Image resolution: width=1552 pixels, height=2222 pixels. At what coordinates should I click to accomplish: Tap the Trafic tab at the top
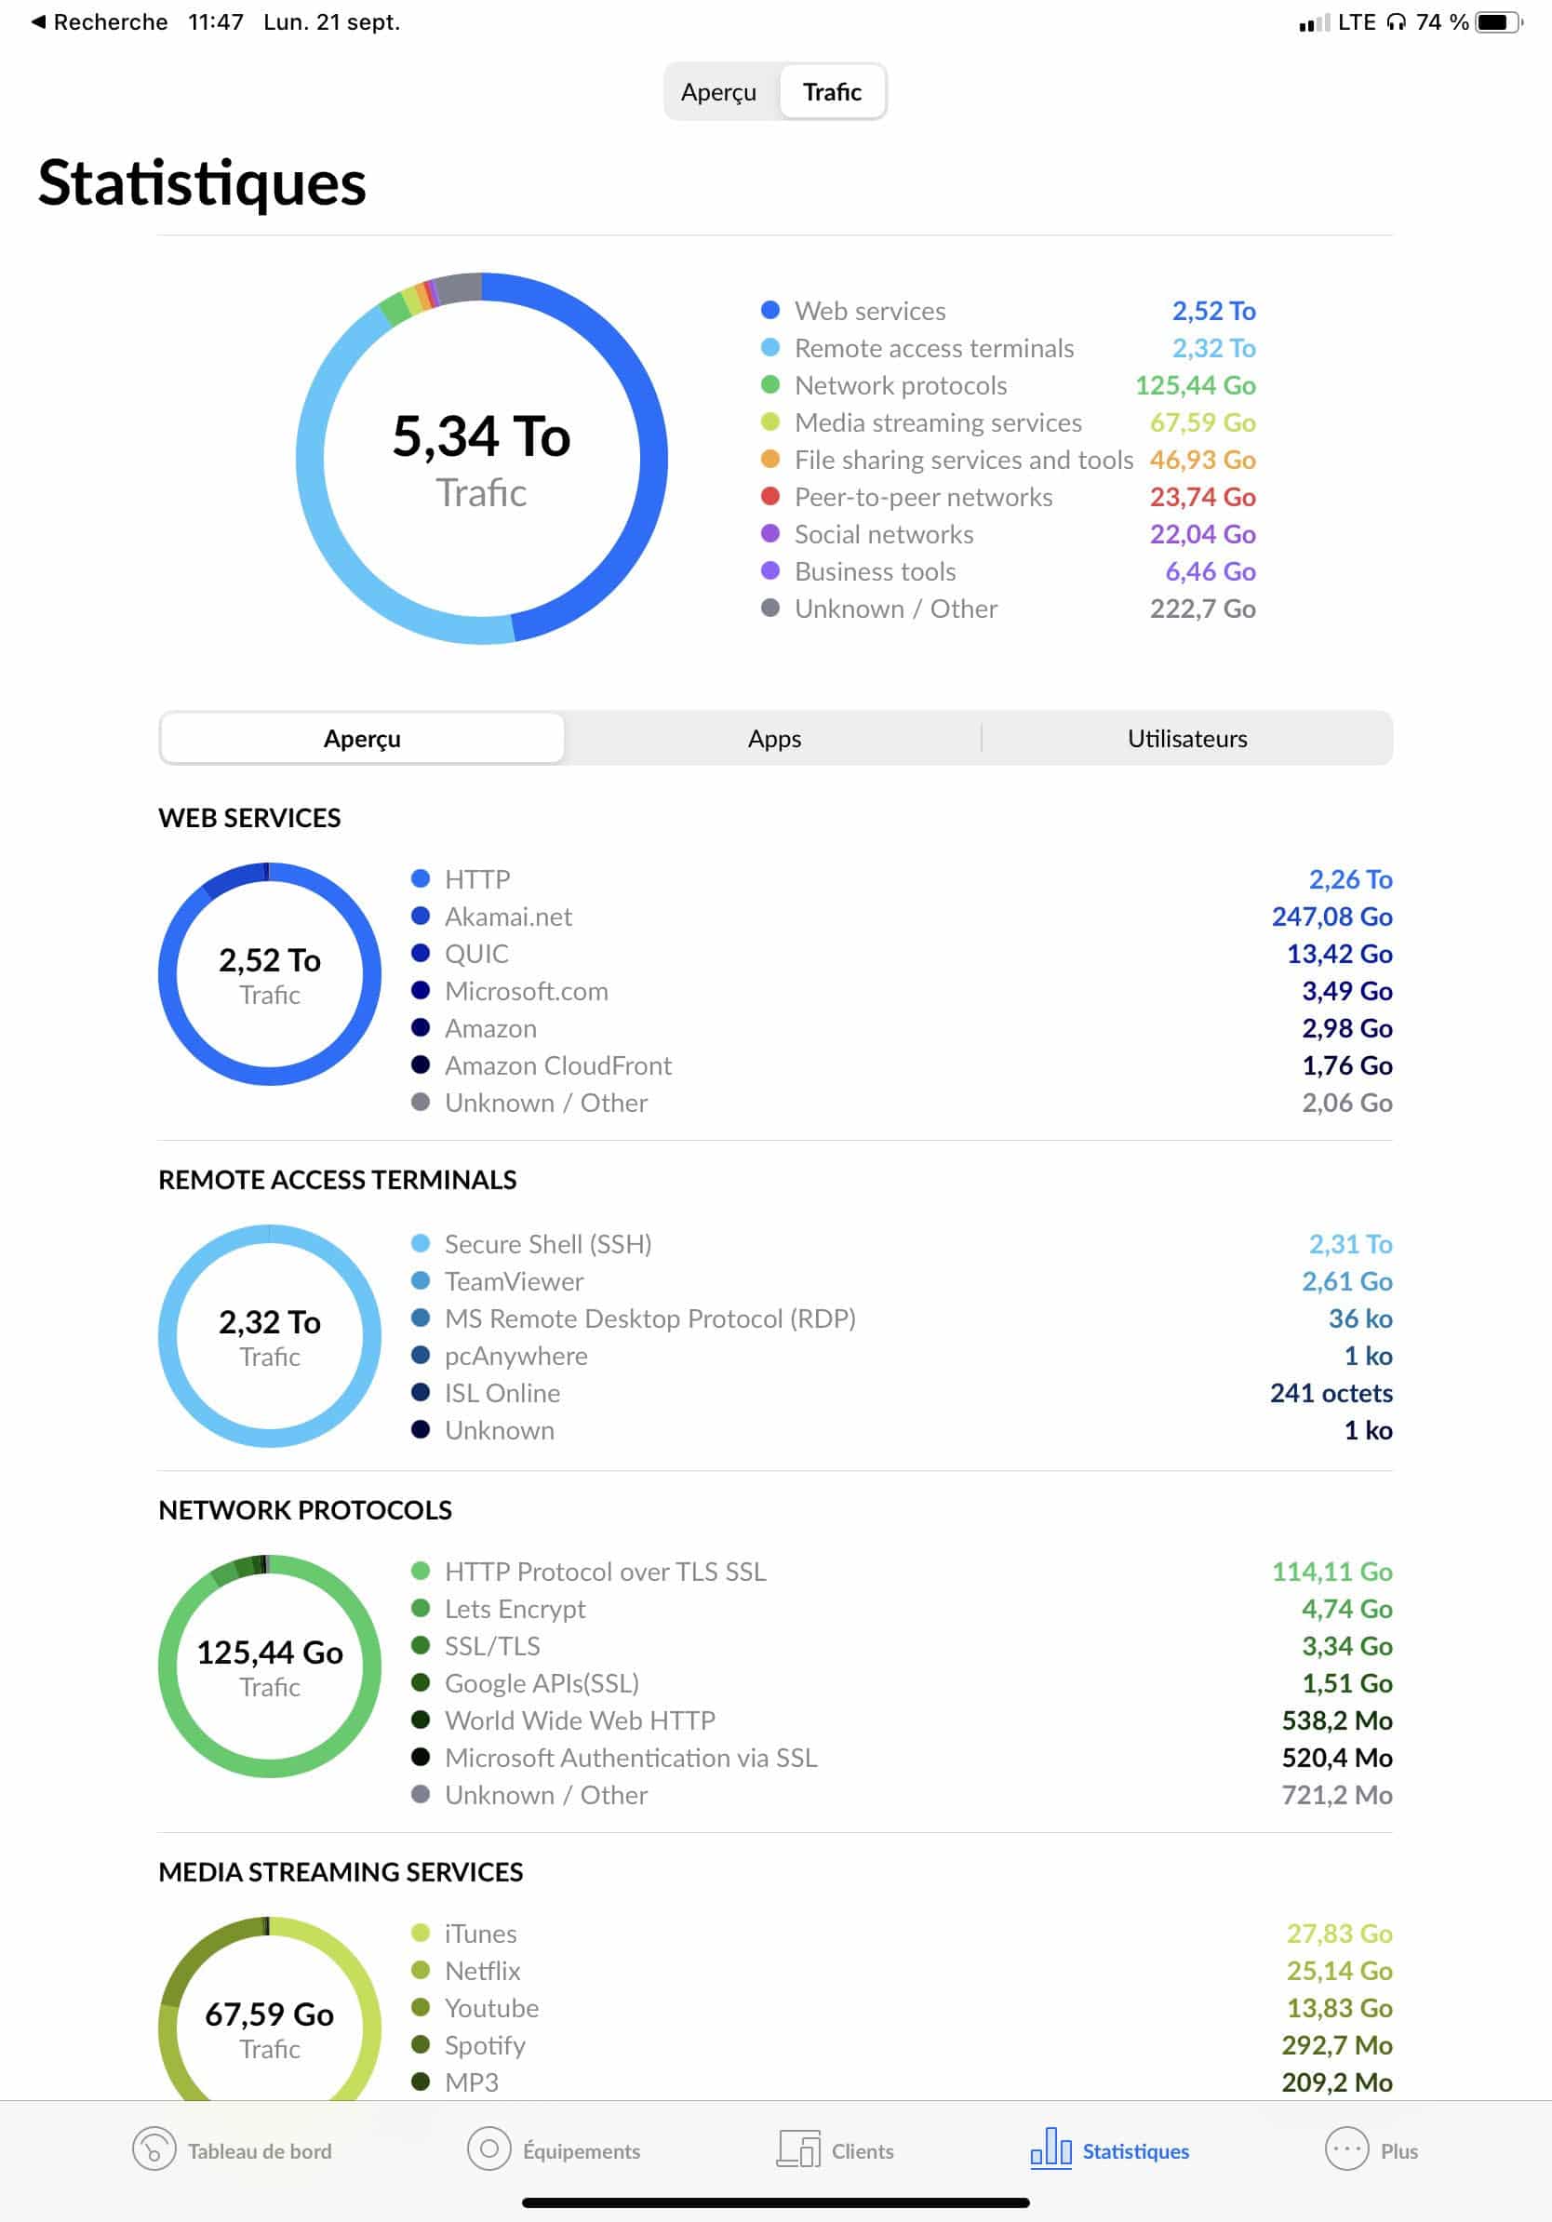coord(832,92)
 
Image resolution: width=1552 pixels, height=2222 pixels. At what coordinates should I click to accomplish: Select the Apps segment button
coord(774,739)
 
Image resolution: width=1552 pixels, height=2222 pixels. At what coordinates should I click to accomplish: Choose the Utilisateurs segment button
coord(1186,739)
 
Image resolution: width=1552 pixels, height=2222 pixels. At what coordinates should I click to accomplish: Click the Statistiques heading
coord(202,183)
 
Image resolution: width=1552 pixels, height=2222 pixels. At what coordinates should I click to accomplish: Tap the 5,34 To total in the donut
coord(481,436)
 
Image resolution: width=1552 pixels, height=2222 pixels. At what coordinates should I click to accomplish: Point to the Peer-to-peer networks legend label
coord(923,498)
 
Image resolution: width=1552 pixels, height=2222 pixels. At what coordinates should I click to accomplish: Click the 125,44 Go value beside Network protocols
coord(1195,385)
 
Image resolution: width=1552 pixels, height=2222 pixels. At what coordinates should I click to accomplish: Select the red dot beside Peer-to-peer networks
coord(770,497)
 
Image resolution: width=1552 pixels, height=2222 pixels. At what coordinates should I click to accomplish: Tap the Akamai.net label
coord(508,917)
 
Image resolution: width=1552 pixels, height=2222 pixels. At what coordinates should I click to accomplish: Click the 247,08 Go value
coord(1331,917)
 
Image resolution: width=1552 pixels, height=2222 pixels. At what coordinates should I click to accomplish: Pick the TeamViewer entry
coord(514,1281)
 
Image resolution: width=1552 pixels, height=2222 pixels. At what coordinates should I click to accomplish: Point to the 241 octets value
coord(1331,1394)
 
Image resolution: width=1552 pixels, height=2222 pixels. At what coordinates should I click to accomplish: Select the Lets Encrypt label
coord(515,1610)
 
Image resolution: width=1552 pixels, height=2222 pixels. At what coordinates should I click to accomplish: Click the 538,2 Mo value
coord(1336,1720)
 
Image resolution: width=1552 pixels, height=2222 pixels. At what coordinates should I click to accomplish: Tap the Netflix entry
coord(482,1972)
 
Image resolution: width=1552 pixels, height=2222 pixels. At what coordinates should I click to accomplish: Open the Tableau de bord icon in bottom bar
coord(154,2150)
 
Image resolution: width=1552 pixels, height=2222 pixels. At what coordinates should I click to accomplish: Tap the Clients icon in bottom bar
coord(798,2150)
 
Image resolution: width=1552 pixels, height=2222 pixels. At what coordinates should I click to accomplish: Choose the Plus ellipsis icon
coord(1346,2150)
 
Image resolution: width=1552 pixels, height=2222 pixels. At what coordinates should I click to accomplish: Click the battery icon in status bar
coord(1496,22)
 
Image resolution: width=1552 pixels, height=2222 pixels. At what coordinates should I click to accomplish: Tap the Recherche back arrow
coord(39,21)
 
